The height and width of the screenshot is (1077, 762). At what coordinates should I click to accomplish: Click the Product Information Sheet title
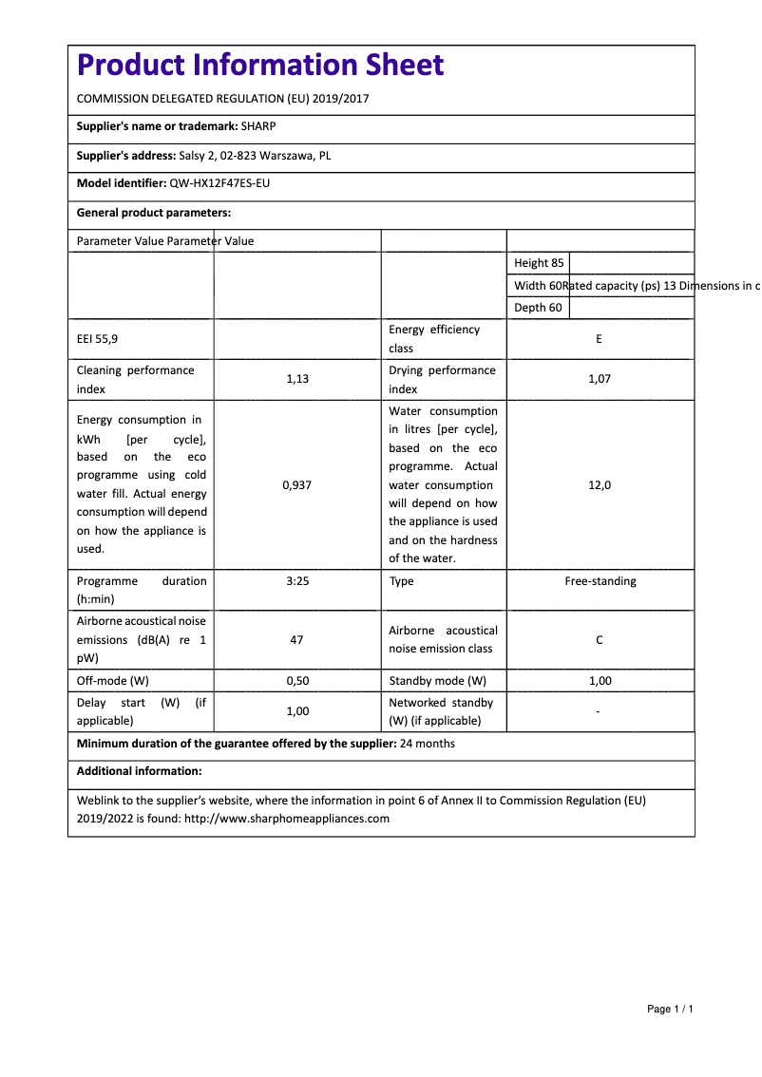pyautogui.click(x=260, y=65)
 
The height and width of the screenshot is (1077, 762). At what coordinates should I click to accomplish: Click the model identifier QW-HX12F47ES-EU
pyautogui.click(x=213, y=184)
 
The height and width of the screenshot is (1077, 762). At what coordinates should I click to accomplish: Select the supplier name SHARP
pyautogui.click(x=258, y=126)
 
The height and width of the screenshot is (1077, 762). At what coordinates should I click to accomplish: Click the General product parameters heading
pyautogui.click(x=154, y=213)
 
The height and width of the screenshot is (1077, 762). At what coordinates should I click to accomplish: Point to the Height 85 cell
pyautogui.click(x=539, y=263)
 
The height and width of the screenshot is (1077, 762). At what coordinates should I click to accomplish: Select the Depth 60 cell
pyautogui.click(x=538, y=308)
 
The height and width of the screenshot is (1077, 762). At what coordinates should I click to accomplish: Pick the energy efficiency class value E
pyautogui.click(x=599, y=339)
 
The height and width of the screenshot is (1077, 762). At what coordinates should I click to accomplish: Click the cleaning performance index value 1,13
pyautogui.click(x=297, y=379)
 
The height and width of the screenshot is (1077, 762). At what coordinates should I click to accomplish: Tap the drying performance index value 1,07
pyautogui.click(x=599, y=379)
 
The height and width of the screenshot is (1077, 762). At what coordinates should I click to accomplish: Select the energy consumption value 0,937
pyautogui.click(x=297, y=484)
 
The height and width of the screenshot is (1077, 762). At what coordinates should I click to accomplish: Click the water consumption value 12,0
pyautogui.click(x=599, y=484)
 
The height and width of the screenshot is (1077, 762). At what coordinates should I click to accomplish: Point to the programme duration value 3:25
pyautogui.click(x=297, y=581)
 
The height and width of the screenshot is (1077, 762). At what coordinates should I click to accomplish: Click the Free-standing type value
pyautogui.click(x=600, y=581)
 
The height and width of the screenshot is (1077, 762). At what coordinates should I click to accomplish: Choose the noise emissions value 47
pyautogui.click(x=296, y=640)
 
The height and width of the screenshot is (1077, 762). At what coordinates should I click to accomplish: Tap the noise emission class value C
pyautogui.click(x=599, y=640)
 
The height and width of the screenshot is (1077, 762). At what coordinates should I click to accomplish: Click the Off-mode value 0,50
pyautogui.click(x=297, y=681)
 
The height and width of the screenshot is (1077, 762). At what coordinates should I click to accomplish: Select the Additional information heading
pyautogui.click(x=139, y=771)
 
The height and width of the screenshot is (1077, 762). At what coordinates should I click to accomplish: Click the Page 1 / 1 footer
pyautogui.click(x=670, y=1009)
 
